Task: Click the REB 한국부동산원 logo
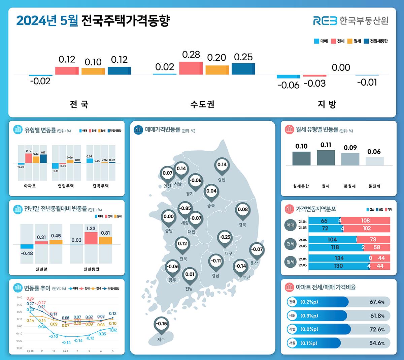pyautogui.click(x=350, y=21)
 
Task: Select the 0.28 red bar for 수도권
pyautogui.click(x=191, y=68)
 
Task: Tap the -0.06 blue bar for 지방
pyautogui.click(x=288, y=77)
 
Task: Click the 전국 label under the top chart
pyautogui.click(x=79, y=104)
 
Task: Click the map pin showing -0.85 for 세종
pyautogui.click(x=185, y=209)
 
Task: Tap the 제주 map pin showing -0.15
pyautogui.click(x=162, y=324)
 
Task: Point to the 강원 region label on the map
pyautogui.click(x=222, y=180)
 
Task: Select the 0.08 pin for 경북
pyautogui.click(x=243, y=210)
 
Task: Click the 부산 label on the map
pyautogui.click(x=247, y=277)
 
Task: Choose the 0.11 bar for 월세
pyautogui.click(x=326, y=158)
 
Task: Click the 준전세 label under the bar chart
pyautogui.click(x=374, y=186)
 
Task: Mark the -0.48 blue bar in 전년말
pyautogui.click(x=27, y=246)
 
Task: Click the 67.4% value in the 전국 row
pyautogui.click(x=377, y=302)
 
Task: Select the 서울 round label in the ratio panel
pyautogui.click(x=292, y=343)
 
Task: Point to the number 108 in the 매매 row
pyautogui.click(x=365, y=221)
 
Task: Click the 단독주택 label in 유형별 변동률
pyautogui.click(x=101, y=186)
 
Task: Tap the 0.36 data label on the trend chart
pyautogui.click(x=30, y=299)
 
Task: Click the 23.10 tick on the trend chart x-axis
pyautogui.click(x=30, y=351)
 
